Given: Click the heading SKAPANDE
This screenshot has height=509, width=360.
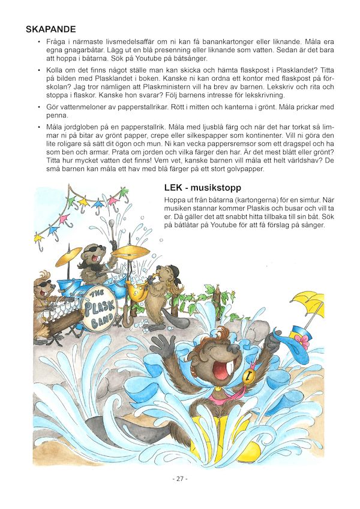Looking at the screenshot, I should click(x=50, y=29).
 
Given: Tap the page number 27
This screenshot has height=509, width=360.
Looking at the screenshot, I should click(x=180, y=479).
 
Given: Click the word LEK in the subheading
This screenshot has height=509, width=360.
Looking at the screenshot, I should click(x=175, y=188).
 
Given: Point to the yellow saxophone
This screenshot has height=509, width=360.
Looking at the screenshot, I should click(x=139, y=288).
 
